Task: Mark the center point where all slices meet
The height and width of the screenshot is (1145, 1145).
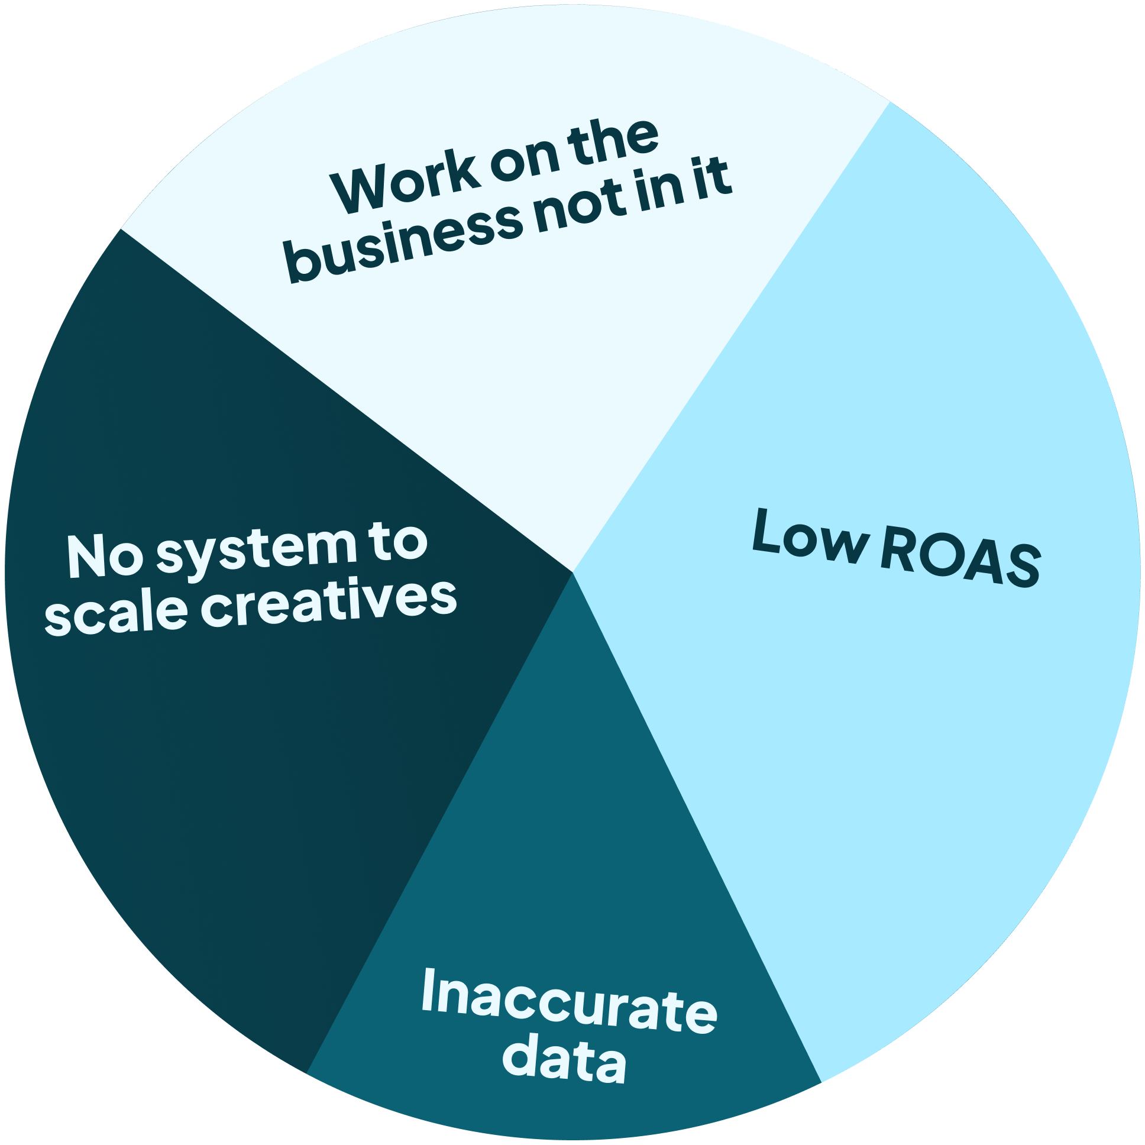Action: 572,572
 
